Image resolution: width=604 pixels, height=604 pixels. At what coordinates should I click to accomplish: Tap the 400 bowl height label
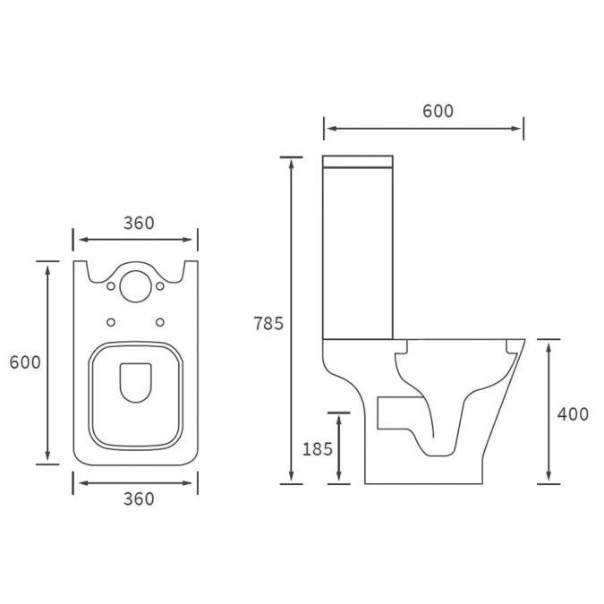573,413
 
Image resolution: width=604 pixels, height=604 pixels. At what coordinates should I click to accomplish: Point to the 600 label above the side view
438,111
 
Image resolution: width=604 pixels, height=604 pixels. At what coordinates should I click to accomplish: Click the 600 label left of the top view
25,362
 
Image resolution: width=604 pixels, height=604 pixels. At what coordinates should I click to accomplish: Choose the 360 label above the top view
138,223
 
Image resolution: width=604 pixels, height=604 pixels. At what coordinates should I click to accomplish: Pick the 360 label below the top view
138,498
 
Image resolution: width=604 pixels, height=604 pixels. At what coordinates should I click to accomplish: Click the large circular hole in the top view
135,285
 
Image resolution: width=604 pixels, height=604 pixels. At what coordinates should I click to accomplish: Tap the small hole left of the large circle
111,287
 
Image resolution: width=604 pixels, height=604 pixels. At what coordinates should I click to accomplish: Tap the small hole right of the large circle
160,287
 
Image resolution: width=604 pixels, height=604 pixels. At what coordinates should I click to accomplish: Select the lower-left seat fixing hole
111,321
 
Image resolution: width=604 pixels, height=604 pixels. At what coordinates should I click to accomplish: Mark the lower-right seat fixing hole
160,321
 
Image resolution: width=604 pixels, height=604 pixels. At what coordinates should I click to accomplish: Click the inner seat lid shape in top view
135,382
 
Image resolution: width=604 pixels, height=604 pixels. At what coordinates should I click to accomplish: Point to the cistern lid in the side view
358,163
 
